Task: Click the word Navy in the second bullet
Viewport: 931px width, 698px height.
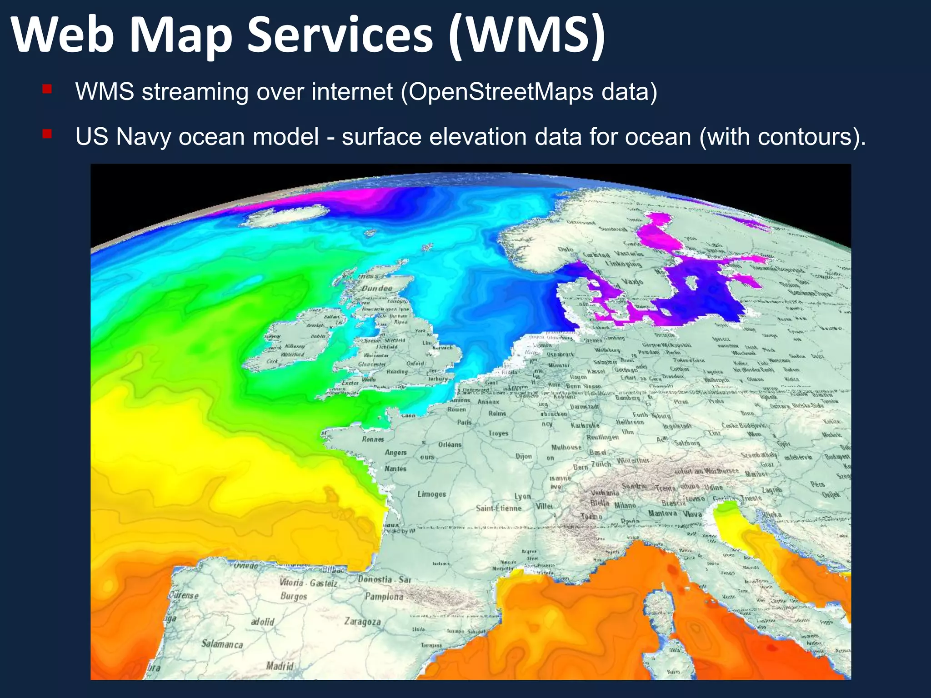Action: [x=143, y=137]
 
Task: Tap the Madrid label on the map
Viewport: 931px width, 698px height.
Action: [x=280, y=666]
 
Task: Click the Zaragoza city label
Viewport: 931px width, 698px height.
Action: [x=362, y=621]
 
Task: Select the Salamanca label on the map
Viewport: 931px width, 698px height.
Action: [x=222, y=644]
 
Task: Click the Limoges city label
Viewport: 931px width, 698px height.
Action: [x=432, y=494]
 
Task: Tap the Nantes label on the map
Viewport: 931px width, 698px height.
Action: [x=395, y=469]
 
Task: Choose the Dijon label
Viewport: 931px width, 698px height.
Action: [x=524, y=456]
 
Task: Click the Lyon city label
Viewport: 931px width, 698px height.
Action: [x=523, y=496]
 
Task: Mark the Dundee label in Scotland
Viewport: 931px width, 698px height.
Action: [x=377, y=289]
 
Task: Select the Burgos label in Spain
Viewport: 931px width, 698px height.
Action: [x=294, y=596]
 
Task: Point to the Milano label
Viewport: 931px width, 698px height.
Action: [x=625, y=505]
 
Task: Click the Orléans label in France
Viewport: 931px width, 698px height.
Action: [x=450, y=444]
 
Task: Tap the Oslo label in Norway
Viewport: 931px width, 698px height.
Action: [x=566, y=249]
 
